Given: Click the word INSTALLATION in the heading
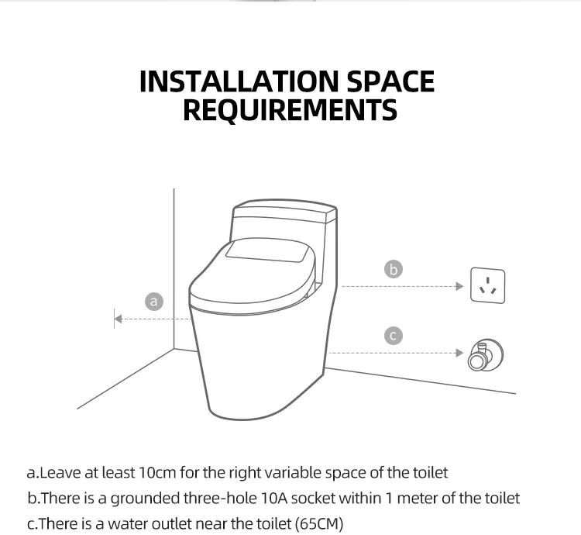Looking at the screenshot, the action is click(239, 81).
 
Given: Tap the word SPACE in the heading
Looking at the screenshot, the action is click(390, 81).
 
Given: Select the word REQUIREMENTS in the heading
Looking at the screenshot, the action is click(290, 109).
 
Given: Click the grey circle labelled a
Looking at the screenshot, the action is click(154, 301).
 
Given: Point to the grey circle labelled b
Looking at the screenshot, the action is click(393, 269).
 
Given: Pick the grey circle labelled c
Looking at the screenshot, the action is click(393, 336).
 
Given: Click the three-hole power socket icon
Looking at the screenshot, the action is click(487, 285).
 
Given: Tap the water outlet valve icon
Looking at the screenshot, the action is click(486, 355).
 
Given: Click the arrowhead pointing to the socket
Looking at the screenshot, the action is click(460, 286).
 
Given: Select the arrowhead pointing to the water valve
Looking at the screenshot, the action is click(460, 353).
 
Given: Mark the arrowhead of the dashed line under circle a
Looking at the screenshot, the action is click(119, 319).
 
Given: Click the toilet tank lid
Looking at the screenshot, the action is click(285, 209).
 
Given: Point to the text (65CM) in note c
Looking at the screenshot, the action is click(319, 524).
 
